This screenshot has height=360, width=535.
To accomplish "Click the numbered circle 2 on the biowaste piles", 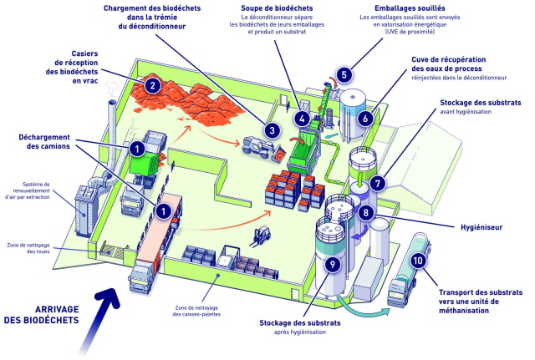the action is coord(152,85).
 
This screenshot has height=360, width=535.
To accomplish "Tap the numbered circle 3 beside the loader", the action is coord(272,130).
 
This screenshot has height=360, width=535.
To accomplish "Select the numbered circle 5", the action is coord(344,74).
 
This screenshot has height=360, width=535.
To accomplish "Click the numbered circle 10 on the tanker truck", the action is coord(418,261).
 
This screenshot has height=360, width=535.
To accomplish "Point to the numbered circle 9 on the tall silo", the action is coord(333,263).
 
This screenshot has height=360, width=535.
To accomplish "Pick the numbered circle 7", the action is coord(377,184).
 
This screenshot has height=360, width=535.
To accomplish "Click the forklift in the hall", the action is coord(261,236).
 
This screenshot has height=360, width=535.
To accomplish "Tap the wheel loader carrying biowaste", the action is coord(262,149).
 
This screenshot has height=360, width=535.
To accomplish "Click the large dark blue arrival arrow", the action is coord(99,317).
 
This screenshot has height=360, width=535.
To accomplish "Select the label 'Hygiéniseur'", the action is coord(481,227).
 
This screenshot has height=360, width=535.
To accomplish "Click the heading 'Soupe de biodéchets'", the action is coord(277,8).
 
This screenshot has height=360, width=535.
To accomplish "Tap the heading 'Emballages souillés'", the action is coord(410,8).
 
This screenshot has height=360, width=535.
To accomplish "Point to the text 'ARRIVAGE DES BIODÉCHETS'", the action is coord(41,315).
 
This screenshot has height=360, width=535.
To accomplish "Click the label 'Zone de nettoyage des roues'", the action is coord(28,248).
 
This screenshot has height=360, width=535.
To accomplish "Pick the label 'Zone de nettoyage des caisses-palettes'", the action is coord(196,311).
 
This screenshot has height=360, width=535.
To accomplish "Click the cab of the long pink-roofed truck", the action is coord(141,278).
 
